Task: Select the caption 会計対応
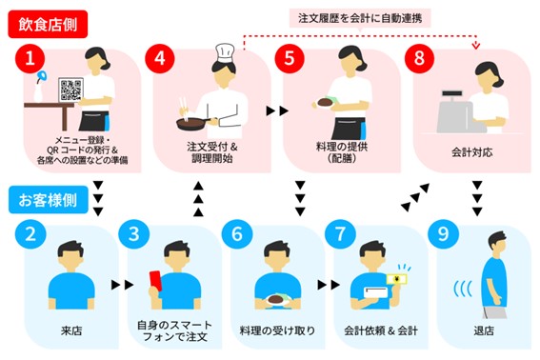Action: (471, 153)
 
